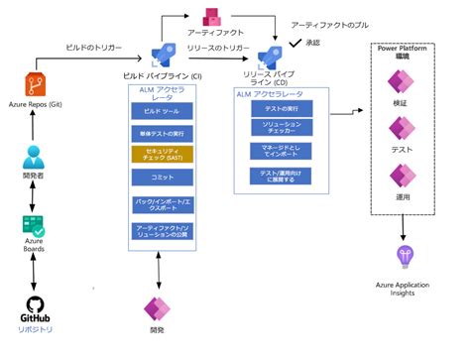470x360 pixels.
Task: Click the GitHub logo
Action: [x=37, y=302]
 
